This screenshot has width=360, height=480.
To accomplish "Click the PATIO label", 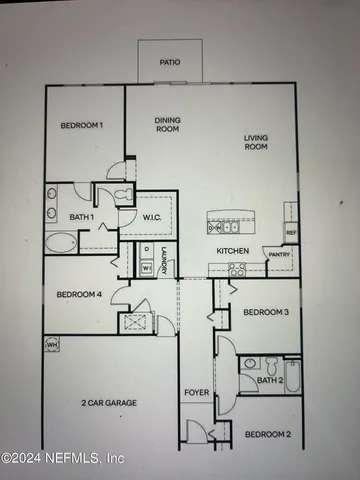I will [x=169, y=61].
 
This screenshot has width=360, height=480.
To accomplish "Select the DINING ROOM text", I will [x=167, y=125].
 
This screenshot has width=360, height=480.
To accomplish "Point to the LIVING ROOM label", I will [x=258, y=143].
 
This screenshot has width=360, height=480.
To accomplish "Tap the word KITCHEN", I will [x=233, y=250].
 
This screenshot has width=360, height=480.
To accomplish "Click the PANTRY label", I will [x=278, y=255].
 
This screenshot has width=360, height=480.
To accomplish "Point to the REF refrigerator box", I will [x=291, y=233].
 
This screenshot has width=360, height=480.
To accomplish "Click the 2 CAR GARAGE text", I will [x=108, y=403].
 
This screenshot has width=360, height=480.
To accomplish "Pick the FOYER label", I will [x=196, y=393].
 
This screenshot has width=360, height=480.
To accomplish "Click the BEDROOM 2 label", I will [x=267, y=434].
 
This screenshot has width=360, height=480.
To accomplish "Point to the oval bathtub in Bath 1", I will [x=61, y=242].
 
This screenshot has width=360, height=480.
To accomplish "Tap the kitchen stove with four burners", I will [x=237, y=268].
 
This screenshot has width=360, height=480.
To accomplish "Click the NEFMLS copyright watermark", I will [x=62, y=458].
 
